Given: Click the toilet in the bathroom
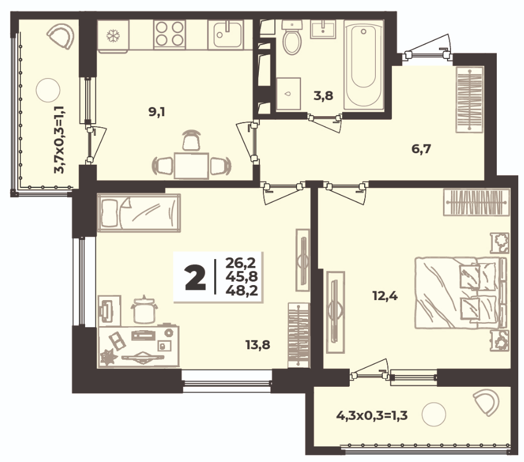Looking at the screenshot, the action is click(x=292, y=37).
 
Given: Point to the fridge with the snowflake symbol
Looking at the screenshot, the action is click(x=113, y=36).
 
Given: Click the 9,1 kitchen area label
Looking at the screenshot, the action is click(x=157, y=113).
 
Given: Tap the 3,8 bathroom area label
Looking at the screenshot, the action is click(x=324, y=96).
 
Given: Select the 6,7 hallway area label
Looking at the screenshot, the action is click(x=422, y=149).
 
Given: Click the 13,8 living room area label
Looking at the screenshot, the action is click(x=258, y=345).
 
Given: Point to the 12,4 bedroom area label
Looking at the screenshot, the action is click(x=385, y=295).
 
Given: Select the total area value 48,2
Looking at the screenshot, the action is click(x=241, y=291).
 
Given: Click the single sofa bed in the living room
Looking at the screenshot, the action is click(x=139, y=213).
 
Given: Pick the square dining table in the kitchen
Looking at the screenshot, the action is click(x=192, y=166).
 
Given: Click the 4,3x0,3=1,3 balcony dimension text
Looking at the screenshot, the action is click(x=372, y=416).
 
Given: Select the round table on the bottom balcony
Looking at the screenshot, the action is click(x=434, y=415).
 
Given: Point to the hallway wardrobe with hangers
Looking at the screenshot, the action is click(x=470, y=99).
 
